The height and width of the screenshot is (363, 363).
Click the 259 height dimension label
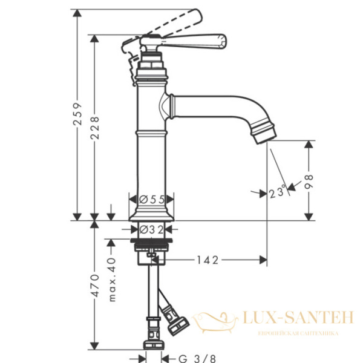pos(77,114)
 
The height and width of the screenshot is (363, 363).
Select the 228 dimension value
pos(95,128)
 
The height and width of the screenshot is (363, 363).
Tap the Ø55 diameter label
pos(152,199)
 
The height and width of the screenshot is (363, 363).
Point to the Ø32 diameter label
pos(152,230)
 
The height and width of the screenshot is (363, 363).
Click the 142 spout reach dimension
pos(208,260)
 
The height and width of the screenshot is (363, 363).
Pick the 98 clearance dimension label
pos(309,182)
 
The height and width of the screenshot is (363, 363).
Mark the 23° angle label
pos(277,191)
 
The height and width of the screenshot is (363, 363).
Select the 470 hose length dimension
pos(95,286)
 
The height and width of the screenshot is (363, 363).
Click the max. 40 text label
pos(112,280)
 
